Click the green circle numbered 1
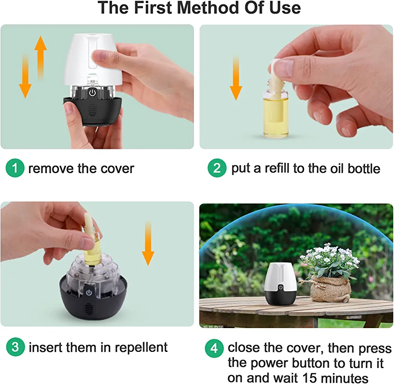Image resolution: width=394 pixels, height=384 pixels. (x=15, y=168)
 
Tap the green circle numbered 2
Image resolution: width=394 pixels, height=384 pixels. (x=217, y=168)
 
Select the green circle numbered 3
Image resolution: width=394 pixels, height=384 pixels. (x=15, y=347)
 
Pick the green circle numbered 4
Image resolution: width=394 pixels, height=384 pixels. (x=214, y=348)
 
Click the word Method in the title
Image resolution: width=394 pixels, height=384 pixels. (x=208, y=7)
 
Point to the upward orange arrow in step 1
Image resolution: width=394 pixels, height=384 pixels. (x=41, y=58)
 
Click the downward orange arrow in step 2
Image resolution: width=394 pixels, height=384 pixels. (x=236, y=78)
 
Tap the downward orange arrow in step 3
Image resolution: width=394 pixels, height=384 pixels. (x=148, y=243)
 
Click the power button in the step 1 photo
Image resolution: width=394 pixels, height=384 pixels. (x=93, y=92)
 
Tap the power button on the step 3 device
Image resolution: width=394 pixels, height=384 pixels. (x=89, y=292)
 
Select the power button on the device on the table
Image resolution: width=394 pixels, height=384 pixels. (x=281, y=288)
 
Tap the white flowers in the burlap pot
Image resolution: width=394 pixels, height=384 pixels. (x=330, y=258)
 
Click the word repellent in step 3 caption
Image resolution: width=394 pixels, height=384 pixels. (x=141, y=348)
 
